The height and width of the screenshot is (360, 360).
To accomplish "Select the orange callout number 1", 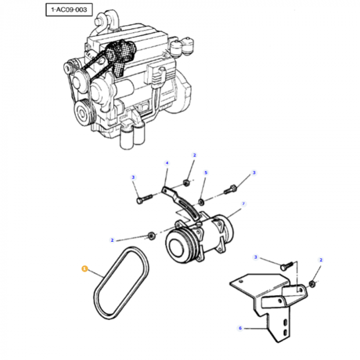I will (x=84, y=268).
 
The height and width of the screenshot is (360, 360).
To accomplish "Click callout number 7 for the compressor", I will (x=243, y=204).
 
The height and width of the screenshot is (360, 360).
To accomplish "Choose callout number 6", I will (x=240, y=328).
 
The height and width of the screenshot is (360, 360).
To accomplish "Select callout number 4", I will (x=167, y=163).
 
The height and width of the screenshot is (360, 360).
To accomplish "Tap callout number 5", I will (x=206, y=173).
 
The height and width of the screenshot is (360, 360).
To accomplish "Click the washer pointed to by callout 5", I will (x=201, y=200).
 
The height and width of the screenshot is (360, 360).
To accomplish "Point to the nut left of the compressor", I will (x=152, y=236).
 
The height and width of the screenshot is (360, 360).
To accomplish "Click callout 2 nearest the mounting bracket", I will (x=321, y=260).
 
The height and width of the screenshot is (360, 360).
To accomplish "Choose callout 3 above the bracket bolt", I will (x=256, y=257).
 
